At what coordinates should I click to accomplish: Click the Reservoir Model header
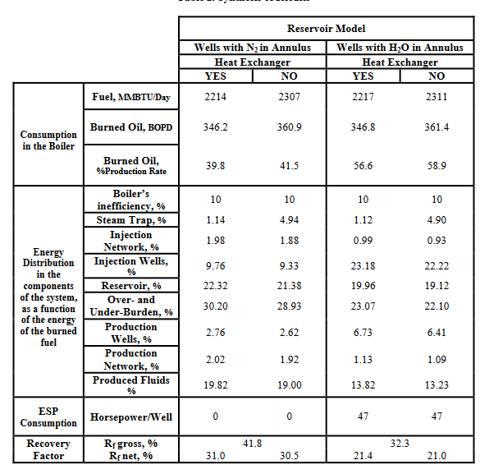click(326, 29)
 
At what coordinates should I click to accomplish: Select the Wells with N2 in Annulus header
click(253, 48)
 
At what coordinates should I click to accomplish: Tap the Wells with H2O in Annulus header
click(400, 48)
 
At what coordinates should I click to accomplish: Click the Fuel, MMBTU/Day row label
click(131, 97)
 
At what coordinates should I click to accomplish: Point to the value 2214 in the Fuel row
click(216, 97)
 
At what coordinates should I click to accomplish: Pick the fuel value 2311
click(437, 97)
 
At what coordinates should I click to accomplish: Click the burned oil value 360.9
click(290, 127)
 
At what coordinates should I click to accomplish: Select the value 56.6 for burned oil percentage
click(363, 165)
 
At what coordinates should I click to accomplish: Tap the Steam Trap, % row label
click(131, 220)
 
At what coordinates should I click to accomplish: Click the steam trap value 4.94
click(290, 220)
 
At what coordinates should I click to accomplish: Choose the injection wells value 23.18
click(363, 265)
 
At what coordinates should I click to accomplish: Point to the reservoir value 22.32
click(216, 286)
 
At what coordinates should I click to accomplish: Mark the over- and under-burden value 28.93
click(290, 306)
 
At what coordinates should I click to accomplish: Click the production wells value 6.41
click(437, 333)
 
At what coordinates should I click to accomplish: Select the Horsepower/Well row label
click(131, 417)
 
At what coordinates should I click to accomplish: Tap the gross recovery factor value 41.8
click(253, 444)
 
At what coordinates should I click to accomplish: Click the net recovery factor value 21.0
click(437, 456)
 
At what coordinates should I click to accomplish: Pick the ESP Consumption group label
click(48, 416)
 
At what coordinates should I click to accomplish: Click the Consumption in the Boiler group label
click(48, 140)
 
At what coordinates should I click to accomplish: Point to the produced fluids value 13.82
click(363, 384)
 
